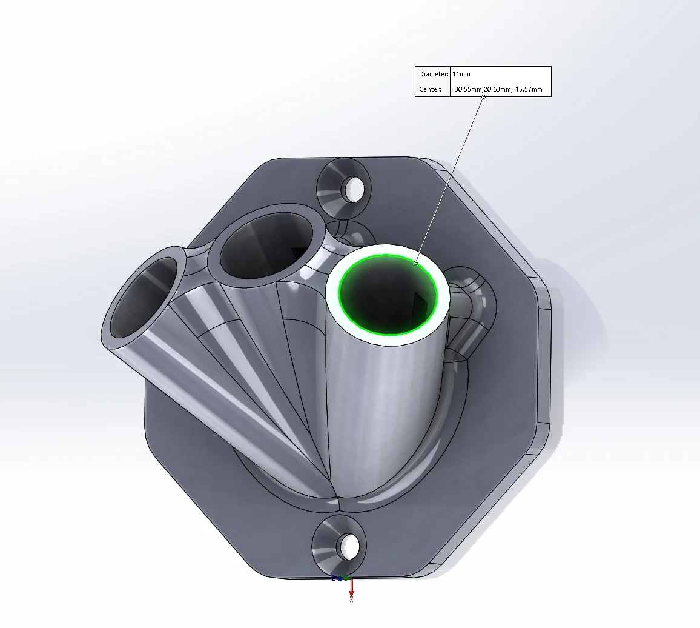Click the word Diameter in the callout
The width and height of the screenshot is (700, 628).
[434, 74]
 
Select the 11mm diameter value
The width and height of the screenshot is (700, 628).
[461, 74]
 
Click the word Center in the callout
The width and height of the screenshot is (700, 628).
[430, 89]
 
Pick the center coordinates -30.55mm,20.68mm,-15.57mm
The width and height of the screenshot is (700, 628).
[497, 89]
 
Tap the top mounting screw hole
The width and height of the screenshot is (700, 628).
[352, 189]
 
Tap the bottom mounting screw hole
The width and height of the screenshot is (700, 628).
[351, 546]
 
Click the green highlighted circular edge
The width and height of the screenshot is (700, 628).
[339, 295]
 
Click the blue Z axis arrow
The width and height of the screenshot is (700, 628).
[336, 578]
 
